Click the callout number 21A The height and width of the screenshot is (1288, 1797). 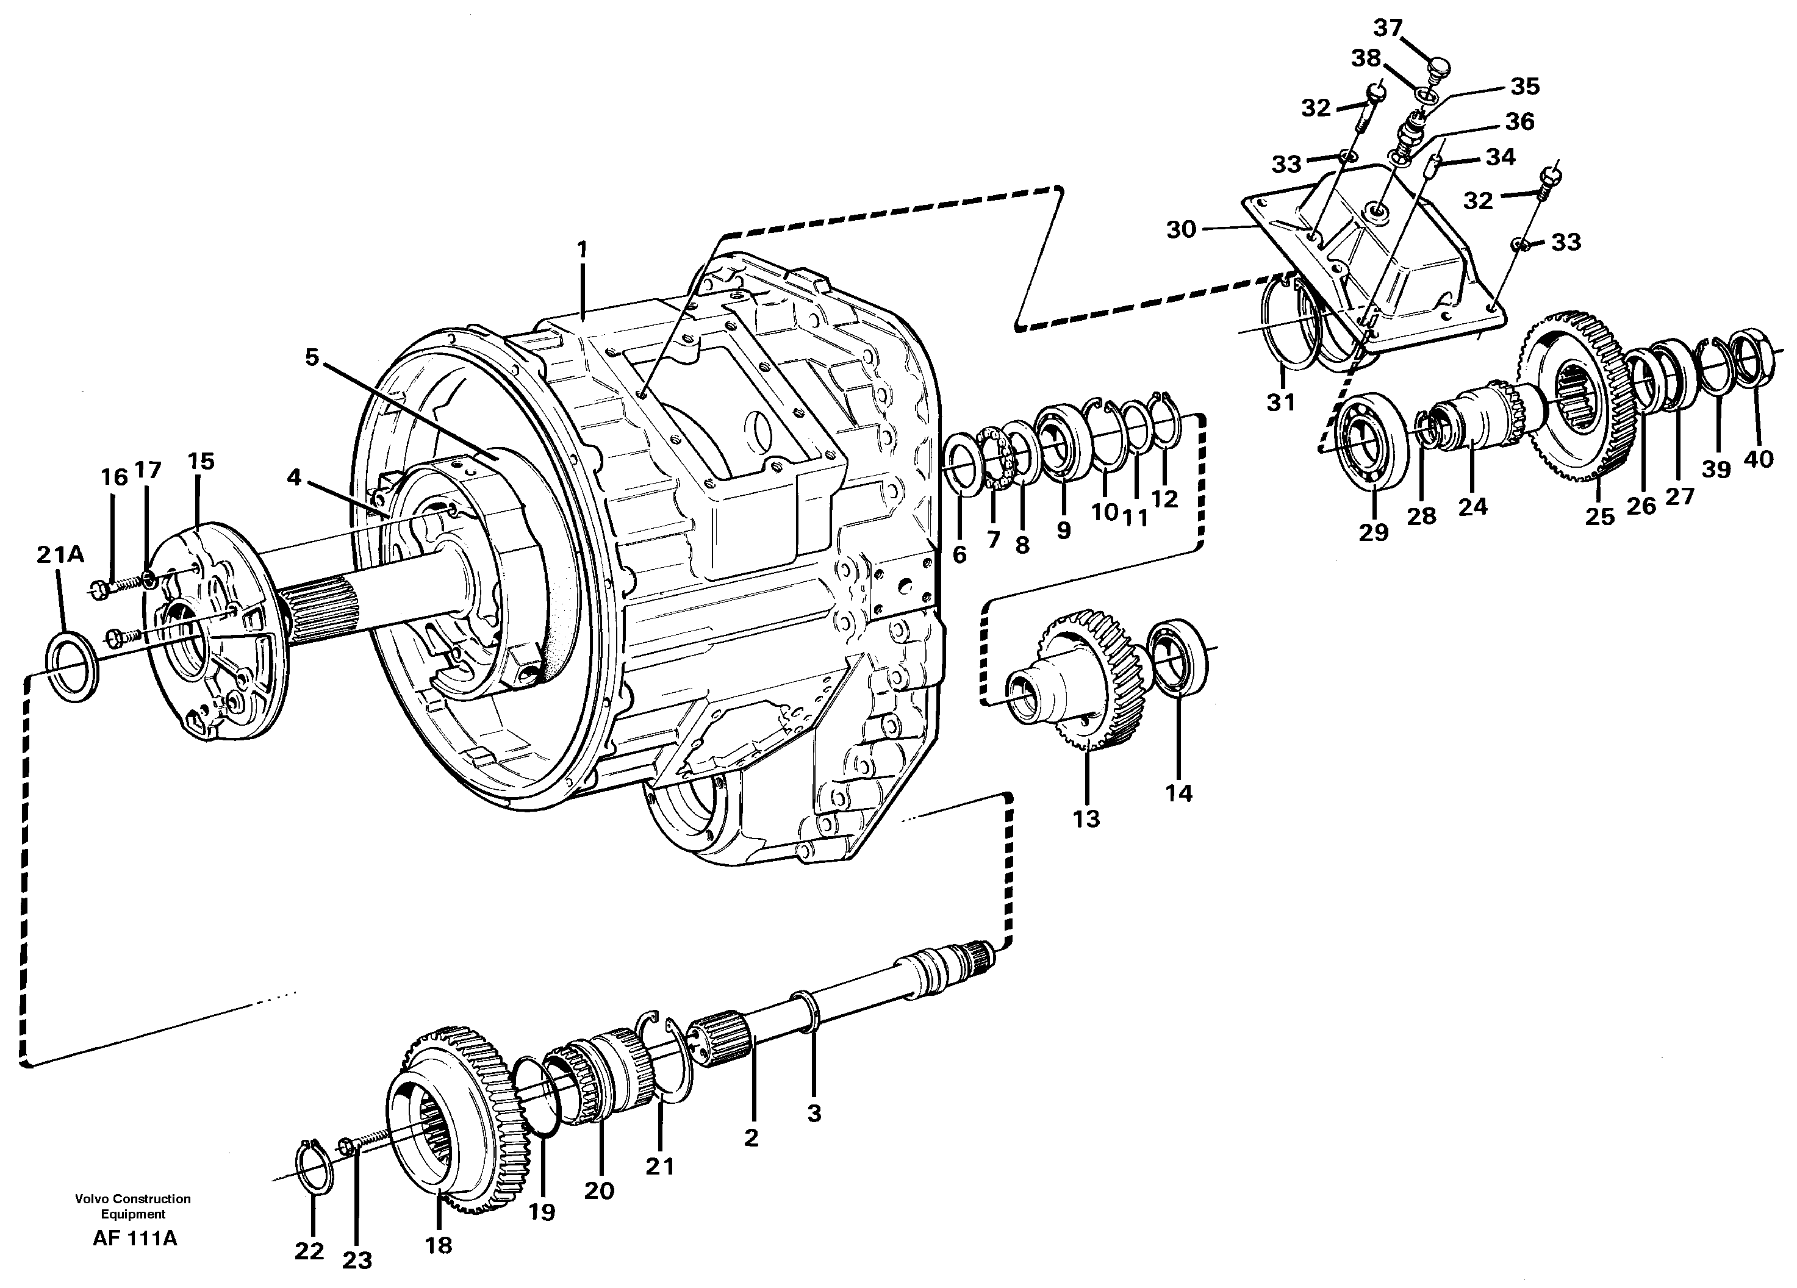point(60,554)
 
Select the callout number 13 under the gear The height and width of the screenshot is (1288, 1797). point(1086,819)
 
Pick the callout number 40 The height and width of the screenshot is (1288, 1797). point(1759,458)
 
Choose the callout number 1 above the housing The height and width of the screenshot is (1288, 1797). point(583,249)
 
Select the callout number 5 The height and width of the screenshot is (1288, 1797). point(312,357)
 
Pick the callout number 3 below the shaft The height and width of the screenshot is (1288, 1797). point(814,1113)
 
